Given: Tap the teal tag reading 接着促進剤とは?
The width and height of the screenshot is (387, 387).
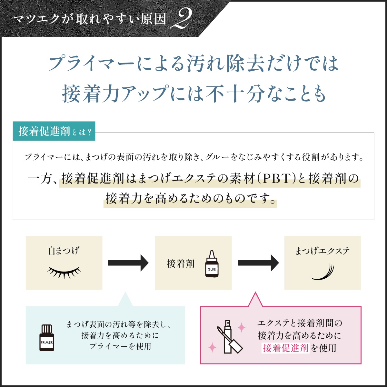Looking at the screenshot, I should pos(54,131).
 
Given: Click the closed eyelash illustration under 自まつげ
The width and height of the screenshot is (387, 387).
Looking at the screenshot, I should pos(64,272).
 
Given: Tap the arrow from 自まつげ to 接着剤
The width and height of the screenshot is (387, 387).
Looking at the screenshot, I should pos(128,263).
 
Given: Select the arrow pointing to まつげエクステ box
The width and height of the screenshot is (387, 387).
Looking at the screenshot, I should pos(258,263).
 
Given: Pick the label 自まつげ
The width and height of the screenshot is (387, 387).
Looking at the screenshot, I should pos(64,251).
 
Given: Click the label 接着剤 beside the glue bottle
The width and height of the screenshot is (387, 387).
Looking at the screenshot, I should pos(181,264).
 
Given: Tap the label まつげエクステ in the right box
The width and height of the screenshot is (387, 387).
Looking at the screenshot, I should pos(322,251).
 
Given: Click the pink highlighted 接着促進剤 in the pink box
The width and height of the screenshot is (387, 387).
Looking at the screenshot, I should pos(286,348).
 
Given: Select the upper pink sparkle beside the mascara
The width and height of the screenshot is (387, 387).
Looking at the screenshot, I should pos(241,328).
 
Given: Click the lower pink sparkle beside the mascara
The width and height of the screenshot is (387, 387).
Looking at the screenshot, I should pos(212,347).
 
